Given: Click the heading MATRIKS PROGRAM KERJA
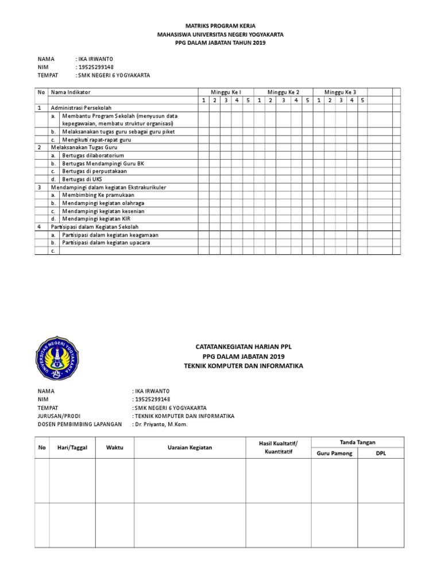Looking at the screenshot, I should click(220, 26).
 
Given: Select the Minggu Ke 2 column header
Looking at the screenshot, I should click(283, 92).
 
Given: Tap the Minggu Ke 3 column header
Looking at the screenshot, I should click(340, 92).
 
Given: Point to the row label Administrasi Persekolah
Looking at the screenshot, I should click(81, 107).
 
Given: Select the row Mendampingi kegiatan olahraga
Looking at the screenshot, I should click(103, 203).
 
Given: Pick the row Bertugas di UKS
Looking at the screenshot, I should click(82, 179).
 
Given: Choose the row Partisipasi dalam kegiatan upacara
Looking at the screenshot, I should click(110, 243).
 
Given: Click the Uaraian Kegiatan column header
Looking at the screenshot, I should click(189, 448).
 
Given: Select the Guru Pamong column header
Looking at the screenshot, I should click(334, 454).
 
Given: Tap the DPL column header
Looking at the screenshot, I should click(381, 454).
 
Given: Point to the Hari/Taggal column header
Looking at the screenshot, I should click(72, 448).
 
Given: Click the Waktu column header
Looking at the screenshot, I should click(114, 448).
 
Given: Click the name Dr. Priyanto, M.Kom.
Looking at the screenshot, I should click(160, 424).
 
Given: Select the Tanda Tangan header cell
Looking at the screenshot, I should click(357, 442).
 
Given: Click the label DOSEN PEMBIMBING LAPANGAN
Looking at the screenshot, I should click(80, 424).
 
